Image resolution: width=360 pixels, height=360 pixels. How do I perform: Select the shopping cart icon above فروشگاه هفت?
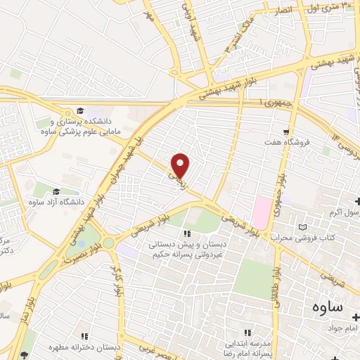pos(285,131)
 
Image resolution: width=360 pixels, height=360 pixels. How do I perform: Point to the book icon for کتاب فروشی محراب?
pos(303,228)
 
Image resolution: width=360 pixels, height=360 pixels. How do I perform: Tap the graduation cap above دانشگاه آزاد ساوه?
pos(56,191)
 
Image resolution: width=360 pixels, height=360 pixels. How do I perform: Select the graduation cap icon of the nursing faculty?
pos(79,111)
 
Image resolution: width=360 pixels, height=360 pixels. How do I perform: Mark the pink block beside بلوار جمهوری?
pos(262,209)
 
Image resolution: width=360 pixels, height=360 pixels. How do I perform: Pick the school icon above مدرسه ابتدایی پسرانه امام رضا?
pos(247,333)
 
